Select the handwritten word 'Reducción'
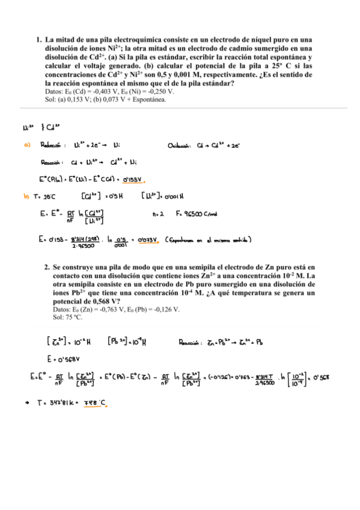coord(53,144)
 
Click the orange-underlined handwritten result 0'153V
coord(134,179)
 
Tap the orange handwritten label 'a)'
coord(27,144)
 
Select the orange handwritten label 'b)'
coord(26,195)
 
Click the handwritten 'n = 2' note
coord(159,213)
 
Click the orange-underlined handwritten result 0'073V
coord(146,240)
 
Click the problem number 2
coord(47,266)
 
